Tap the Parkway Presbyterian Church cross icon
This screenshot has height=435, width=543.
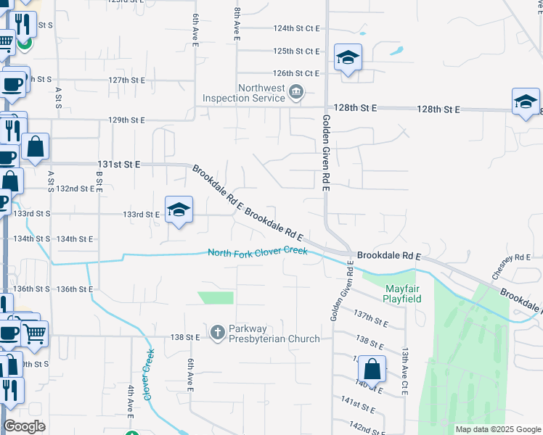point(216,333)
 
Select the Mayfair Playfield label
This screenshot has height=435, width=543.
point(402,292)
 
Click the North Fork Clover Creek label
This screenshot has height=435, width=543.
point(258,252)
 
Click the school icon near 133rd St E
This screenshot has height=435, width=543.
point(179,210)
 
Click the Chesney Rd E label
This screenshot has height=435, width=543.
point(512,267)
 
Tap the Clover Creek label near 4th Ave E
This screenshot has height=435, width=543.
point(148,376)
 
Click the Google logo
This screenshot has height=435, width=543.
point(24,427)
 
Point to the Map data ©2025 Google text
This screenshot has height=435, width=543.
point(497,429)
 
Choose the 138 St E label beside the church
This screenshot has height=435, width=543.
point(184,338)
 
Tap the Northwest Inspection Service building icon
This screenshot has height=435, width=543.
point(296,92)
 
